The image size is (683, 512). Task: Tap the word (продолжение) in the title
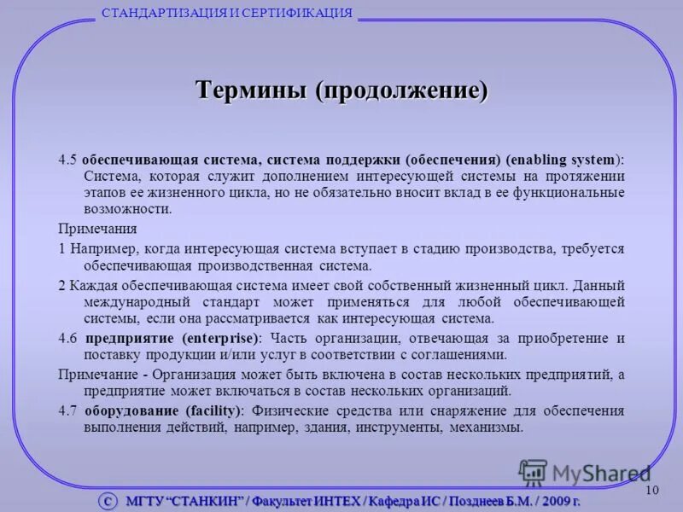pyautogui.click(x=402, y=90)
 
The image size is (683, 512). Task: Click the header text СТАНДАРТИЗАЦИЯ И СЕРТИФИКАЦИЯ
pyautogui.click(x=227, y=12)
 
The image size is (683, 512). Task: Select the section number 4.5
pyautogui.click(x=67, y=160)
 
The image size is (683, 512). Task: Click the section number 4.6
pyautogui.click(x=67, y=338)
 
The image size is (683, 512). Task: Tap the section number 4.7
pyautogui.click(x=67, y=410)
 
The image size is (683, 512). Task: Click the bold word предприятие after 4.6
pyautogui.click(x=129, y=338)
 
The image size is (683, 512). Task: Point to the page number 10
pyautogui.click(x=653, y=489)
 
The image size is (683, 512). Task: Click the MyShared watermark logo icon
pyautogui.click(x=533, y=473)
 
